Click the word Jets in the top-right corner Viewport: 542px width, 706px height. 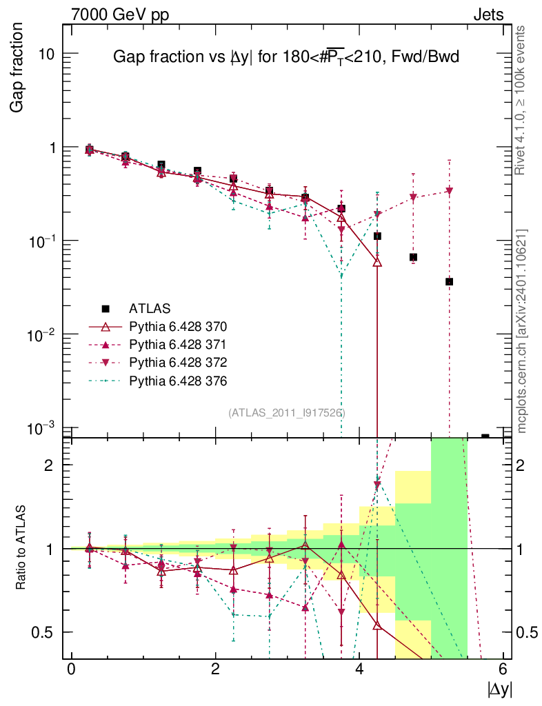[x=488, y=14]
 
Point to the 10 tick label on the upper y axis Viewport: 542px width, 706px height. [x=46, y=54]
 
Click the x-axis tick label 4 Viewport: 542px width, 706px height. [x=359, y=669]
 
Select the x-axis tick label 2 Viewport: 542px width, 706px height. [x=215, y=669]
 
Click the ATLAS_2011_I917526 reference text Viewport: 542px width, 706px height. [x=286, y=413]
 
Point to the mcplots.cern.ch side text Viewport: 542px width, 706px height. [x=522, y=331]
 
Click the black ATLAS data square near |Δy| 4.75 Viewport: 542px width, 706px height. [x=413, y=257]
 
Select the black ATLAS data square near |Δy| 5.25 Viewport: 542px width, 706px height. [x=449, y=281]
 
